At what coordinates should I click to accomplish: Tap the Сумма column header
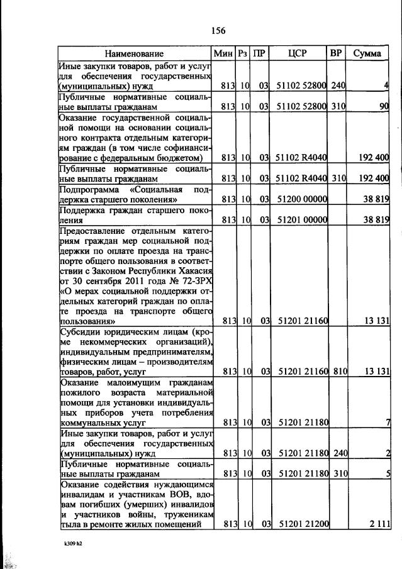367,53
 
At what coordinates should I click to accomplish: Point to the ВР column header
336,53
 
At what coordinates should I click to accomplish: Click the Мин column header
223,53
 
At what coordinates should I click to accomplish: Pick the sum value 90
383,107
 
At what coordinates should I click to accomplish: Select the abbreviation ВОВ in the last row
185,494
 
